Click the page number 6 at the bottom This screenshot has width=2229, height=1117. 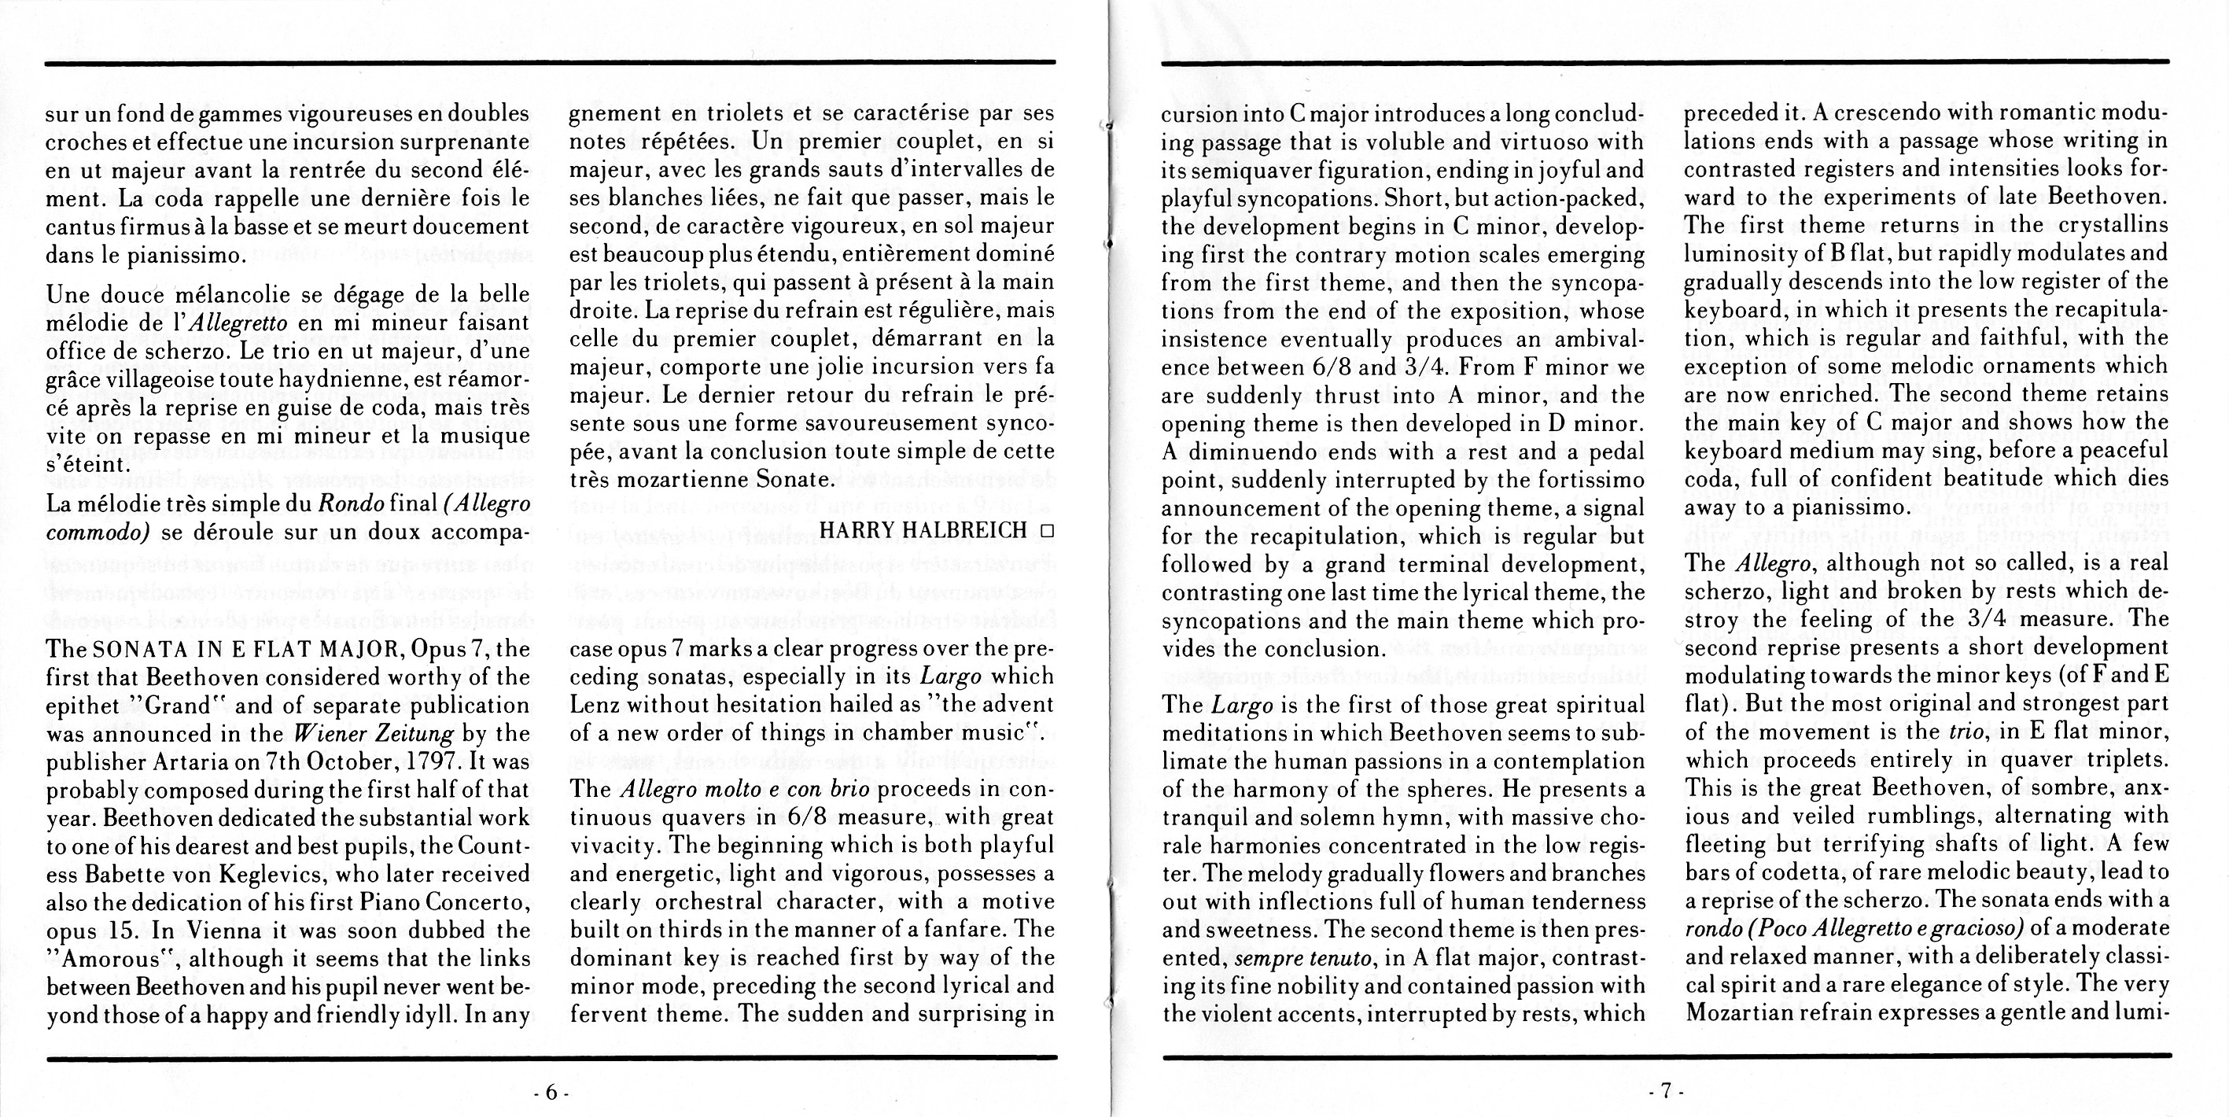551,1092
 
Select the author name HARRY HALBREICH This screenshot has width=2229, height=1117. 922,530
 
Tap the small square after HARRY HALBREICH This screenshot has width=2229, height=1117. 1047,531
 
